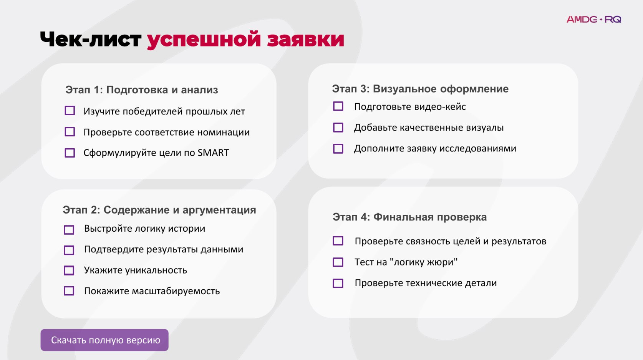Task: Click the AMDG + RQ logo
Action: pos(593,19)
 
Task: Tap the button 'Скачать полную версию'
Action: pos(104,340)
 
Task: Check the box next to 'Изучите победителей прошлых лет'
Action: pos(70,111)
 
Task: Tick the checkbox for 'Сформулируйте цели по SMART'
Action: pos(70,153)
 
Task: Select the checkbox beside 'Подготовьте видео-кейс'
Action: pos(338,106)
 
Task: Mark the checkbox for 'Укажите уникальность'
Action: pos(69,270)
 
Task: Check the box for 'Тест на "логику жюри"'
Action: pos(338,262)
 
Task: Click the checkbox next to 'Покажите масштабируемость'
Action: pos(69,291)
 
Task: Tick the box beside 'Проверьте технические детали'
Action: pos(338,283)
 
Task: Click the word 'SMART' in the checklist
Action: pos(213,153)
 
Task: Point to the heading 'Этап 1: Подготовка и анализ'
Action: pos(141,90)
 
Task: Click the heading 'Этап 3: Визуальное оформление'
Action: pos(420,89)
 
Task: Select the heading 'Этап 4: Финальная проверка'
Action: pos(409,217)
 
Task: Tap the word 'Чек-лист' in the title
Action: pos(91,39)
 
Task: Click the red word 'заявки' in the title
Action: pos(305,40)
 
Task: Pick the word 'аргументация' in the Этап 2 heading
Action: pos(219,210)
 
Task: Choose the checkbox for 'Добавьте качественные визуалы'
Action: pos(338,128)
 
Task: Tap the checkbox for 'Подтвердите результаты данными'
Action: pos(69,250)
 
